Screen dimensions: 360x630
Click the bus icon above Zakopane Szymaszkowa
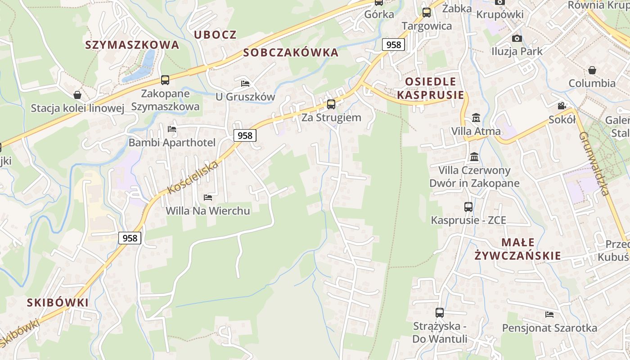165,80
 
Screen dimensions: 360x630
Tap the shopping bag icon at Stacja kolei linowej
77,95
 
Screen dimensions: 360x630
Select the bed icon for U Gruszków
245,83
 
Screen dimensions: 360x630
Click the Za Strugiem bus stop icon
331,104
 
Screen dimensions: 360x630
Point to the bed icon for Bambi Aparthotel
172,129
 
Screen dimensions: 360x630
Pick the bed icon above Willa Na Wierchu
208,197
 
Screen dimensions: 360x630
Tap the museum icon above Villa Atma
476,118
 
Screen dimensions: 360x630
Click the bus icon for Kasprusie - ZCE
468,207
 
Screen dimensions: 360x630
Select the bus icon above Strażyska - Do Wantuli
440,312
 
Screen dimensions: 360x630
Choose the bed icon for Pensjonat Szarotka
549,314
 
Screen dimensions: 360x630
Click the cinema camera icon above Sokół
562,106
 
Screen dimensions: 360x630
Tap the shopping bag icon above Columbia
592,70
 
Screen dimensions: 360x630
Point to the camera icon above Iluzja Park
517,38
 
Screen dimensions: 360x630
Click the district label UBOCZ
215,35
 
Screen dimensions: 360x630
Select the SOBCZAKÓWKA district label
291,53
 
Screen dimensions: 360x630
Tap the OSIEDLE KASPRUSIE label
431,88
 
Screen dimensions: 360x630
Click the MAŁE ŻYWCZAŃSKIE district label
518,249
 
